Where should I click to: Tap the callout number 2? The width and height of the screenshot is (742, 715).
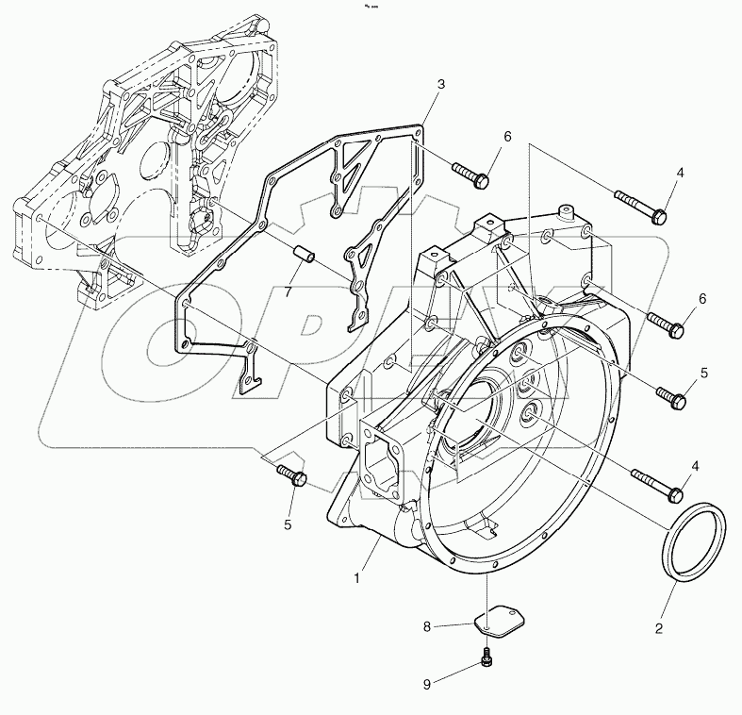(658, 626)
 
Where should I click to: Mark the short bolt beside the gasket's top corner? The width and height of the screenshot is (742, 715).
(470, 173)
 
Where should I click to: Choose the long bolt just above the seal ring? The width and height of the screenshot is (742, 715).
(657, 485)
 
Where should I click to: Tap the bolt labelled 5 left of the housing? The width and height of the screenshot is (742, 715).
(291, 474)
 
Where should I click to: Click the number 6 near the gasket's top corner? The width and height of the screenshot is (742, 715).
(506, 137)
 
